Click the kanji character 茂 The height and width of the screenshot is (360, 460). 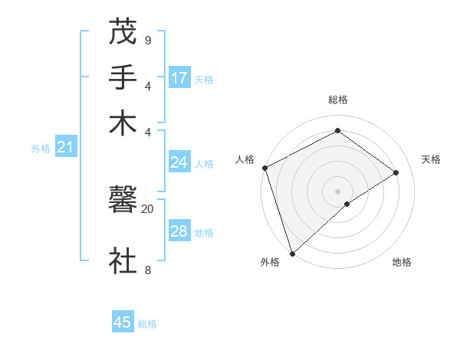coord(123,32)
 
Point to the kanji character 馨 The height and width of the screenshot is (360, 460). coord(123,202)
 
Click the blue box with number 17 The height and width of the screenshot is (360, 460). coord(179,78)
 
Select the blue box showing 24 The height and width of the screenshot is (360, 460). coord(179,162)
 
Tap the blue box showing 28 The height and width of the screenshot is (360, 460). coord(179,231)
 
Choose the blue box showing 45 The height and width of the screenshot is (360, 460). coord(123,322)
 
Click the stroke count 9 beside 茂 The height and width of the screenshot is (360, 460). coord(147,40)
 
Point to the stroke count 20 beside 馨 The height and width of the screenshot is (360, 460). coord(147,208)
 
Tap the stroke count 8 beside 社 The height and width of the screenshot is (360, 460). coord(147,270)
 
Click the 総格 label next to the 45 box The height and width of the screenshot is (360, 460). coord(147,324)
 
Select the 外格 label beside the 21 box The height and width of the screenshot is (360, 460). coord(40,149)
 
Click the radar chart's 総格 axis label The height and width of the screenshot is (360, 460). coord(337,100)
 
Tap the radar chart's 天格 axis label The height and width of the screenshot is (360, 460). coord(431,159)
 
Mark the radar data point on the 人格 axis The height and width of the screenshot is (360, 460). coord(264,168)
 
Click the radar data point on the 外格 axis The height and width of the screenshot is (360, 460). coord(292,253)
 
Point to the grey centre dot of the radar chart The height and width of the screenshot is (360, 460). coord(337,191)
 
